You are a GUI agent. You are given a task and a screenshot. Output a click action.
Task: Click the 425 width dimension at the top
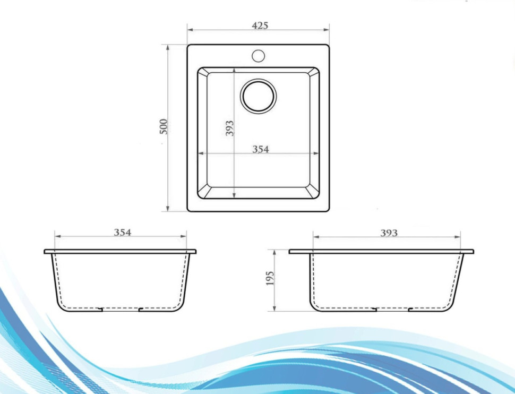[260, 25]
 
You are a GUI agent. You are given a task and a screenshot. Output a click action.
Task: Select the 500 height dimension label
[164, 126]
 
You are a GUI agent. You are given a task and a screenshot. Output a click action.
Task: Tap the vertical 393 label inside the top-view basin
[229, 128]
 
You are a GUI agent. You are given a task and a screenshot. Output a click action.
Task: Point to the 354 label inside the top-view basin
[260, 150]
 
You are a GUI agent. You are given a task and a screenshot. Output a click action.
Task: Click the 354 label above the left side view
[122, 232]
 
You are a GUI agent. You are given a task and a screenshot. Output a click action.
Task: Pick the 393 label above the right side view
[389, 233]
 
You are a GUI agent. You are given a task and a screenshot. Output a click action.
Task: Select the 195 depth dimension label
[269, 278]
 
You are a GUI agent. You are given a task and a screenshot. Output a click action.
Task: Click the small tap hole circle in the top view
[259, 55]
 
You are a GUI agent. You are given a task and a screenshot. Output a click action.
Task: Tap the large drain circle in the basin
[259, 96]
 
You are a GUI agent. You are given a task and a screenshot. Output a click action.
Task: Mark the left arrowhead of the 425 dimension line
[189, 30]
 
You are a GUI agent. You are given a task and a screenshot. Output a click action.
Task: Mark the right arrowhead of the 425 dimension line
[327, 30]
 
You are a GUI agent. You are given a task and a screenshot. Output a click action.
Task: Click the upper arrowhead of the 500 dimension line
[168, 47]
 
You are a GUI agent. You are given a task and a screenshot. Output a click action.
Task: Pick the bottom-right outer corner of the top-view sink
[329, 211]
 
